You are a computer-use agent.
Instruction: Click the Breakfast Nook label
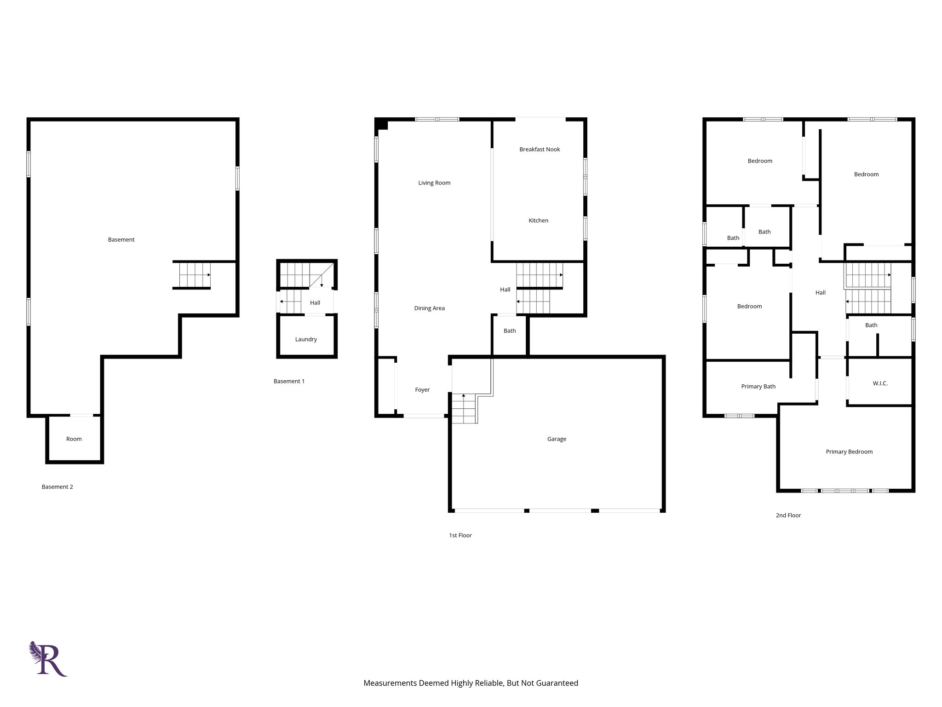click(540, 149)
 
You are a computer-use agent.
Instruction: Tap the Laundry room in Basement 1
click(306, 339)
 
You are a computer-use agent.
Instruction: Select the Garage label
click(557, 439)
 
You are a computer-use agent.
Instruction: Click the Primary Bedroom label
click(849, 452)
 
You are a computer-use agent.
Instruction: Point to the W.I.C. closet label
click(880, 383)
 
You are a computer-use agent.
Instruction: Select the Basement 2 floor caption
click(57, 487)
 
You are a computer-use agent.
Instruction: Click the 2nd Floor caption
click(788, 515)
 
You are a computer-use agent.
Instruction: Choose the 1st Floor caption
click(460, 535)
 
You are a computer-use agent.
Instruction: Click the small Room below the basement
click(74, 439)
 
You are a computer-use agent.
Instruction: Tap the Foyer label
click(422, 389)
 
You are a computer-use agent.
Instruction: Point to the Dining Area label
click(429, 308)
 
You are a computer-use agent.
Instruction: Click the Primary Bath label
click(758, 386)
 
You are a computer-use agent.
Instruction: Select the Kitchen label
click(538, 220)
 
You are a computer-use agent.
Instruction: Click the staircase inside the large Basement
click(192, 275)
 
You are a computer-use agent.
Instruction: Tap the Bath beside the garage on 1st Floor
click(510, 331)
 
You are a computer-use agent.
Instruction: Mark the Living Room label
click(434, 183)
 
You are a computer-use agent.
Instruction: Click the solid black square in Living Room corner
click(381, 124)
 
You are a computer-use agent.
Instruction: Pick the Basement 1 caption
click(289, 381)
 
